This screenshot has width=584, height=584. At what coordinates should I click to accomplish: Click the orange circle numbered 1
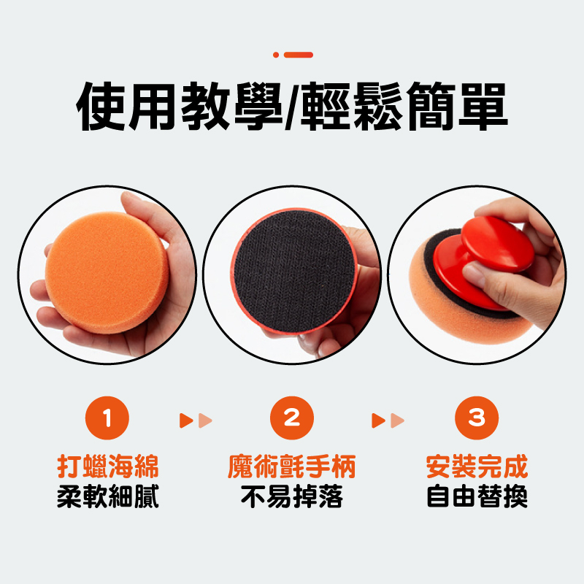107,418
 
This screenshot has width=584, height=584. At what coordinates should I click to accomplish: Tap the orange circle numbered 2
292,418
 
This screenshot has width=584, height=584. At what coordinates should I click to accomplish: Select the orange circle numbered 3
477,418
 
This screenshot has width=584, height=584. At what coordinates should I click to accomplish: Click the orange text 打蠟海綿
108,466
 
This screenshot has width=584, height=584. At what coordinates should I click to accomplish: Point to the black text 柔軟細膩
108,496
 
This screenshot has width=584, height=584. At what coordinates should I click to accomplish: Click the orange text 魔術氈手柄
292,466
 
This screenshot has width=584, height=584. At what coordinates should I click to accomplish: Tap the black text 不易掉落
292,496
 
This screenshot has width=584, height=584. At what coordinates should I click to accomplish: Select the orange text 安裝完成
477,466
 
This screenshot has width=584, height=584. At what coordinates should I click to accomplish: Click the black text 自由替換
477,496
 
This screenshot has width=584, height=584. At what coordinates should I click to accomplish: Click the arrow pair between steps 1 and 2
196,420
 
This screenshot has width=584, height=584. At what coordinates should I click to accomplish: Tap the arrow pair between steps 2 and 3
388,420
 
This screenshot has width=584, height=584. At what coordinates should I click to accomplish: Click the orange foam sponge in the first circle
107,272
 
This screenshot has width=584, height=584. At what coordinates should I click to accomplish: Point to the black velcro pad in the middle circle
294,272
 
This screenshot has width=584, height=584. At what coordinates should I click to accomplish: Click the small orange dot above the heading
276,55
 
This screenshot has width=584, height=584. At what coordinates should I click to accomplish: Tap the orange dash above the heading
299,55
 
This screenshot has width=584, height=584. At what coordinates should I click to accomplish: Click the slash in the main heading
293,107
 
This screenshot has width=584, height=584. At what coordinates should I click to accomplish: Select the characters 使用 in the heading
126,107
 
